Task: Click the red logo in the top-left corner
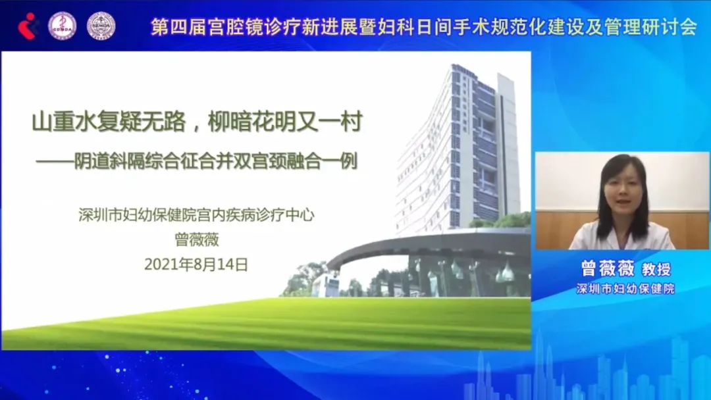[x=28, y=25]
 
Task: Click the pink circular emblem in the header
[x=63, y=25]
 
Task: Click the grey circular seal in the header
[x=101, y=25]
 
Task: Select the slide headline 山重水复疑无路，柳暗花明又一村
[x=197, y=122]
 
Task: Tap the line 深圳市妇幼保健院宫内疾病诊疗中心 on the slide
[x=196, y=215]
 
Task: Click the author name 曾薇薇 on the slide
[x=196, y=239]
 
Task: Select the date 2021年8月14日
[x=196, y=264]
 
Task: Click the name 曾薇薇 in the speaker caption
[x=598, y=269]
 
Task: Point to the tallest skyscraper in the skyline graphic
[x=539, y=368]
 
